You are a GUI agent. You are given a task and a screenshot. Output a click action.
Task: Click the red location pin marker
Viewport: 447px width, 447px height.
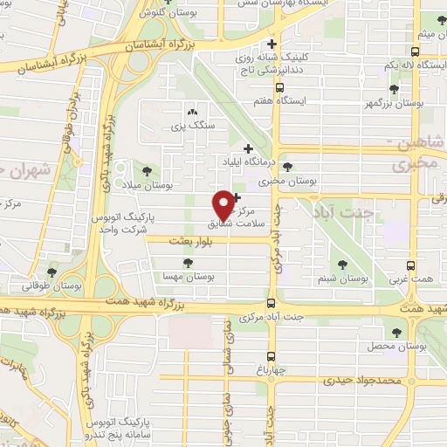(x=224, y=204)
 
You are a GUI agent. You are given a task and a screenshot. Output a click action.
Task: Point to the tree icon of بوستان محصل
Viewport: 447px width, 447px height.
(x=398, y=332)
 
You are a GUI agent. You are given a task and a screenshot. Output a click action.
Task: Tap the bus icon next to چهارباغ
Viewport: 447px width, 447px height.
(x=271, y=355)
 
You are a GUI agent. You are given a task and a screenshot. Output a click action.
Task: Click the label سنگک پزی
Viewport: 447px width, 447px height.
(x=192, y=127)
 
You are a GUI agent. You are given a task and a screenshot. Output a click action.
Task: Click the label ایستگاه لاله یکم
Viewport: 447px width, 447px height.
(x=411, y=65)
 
